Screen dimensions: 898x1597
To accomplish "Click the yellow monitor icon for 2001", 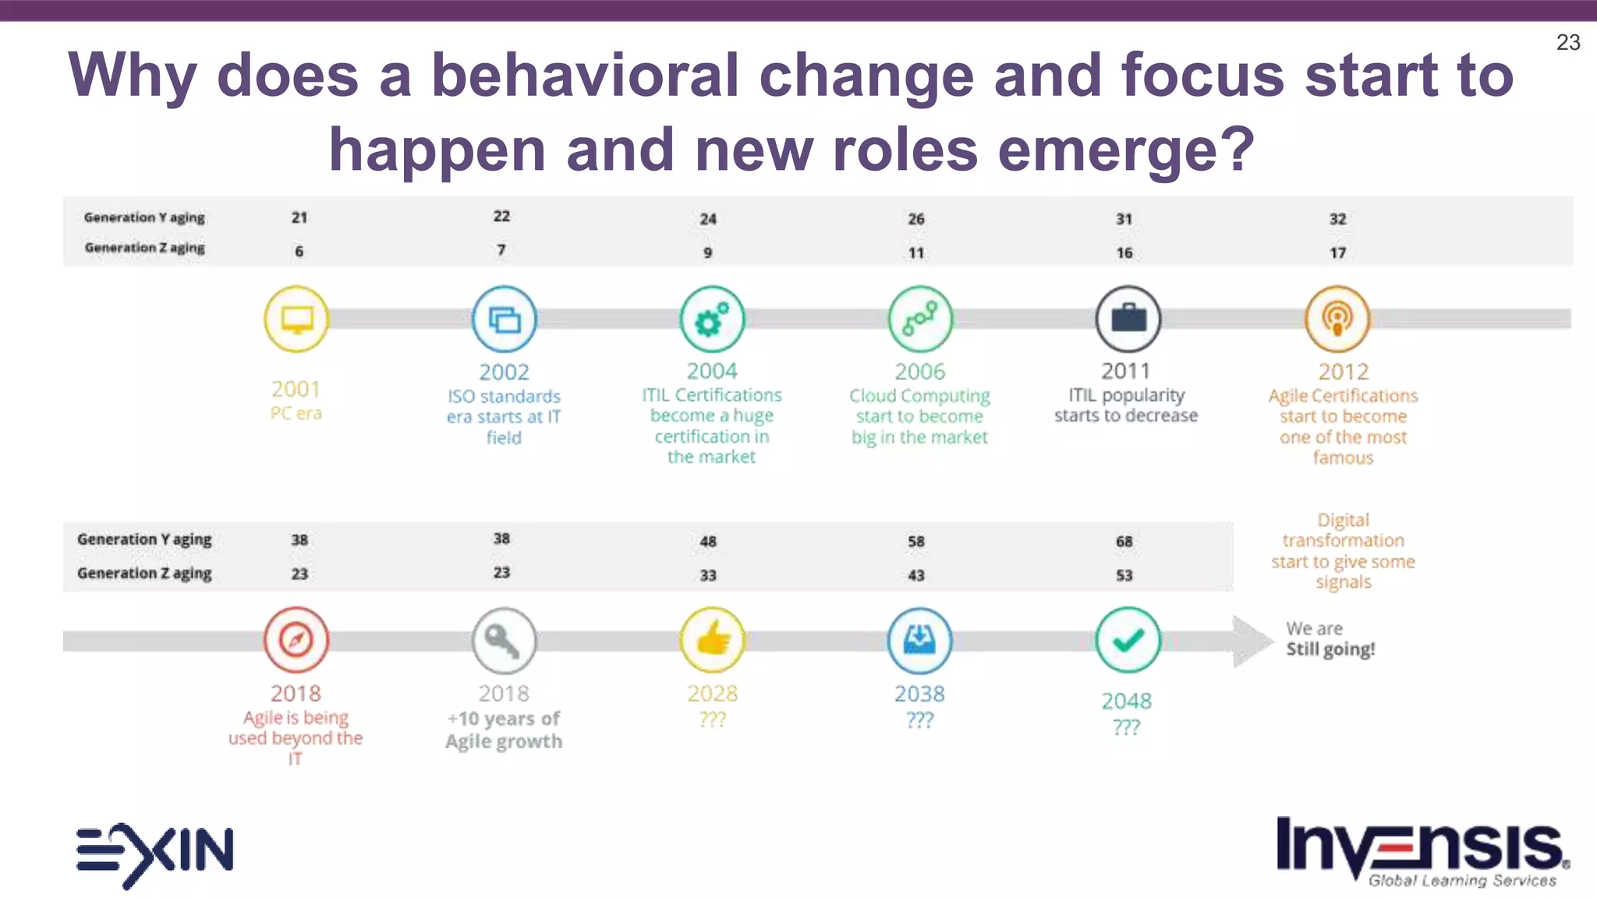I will click(x=296, y=319).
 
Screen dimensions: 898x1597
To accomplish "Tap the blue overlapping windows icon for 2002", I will click(x=505, y=319).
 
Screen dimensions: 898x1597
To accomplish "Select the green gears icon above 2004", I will click(x=712, y=319).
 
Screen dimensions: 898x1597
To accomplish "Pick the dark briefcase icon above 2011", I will click(x=1128, y=319).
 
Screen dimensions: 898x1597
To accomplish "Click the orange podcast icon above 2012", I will click(x=1337, y=319).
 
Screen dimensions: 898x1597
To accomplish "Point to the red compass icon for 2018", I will click(x=296, y=640).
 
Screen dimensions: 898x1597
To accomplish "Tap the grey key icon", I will click(x=505, y=640).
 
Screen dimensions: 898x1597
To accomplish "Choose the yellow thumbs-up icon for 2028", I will click(x=712, y=640).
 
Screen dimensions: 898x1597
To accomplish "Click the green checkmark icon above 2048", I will click(x=1128, y=640).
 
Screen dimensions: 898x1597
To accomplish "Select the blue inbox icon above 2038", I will click(x=920, y=640).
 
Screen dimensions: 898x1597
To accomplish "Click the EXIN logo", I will click(x=154, y=854).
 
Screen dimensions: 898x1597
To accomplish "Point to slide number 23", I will click(x=1568, y=42).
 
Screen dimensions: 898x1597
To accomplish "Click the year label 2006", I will click(x=920, y=372).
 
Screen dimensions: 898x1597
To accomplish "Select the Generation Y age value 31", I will click(x=1124, y=219).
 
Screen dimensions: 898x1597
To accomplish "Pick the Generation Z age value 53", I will click(x=1124, y=575).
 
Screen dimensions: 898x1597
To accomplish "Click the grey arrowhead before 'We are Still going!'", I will click(x=1251, y=641).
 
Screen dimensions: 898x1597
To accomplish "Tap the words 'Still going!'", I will click(x=1330, y=649).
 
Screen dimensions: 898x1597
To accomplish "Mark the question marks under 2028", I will click(x=712, y=719).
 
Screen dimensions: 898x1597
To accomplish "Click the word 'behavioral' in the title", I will click(x=585, y=76).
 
